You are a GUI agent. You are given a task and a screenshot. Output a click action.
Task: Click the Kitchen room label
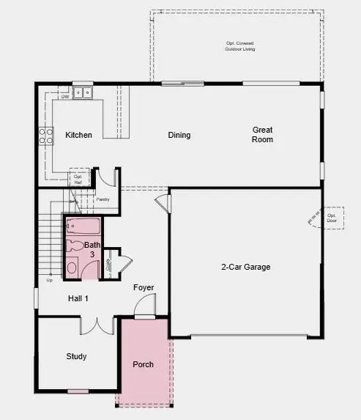78,135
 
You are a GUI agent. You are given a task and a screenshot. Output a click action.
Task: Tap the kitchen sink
83,92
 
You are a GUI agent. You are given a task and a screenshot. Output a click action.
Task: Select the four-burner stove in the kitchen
45,136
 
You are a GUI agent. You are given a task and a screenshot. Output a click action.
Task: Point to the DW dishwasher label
65,97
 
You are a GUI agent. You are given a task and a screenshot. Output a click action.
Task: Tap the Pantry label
103,199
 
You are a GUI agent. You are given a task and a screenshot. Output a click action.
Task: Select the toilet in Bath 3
75,246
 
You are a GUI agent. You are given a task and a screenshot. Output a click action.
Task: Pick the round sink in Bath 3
72,268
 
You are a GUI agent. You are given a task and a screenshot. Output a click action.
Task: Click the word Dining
179,135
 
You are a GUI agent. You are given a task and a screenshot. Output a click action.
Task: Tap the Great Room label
263,134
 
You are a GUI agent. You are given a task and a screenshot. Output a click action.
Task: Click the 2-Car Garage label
245,267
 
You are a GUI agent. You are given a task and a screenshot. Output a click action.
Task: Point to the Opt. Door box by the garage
332,217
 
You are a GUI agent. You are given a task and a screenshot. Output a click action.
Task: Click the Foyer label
144,287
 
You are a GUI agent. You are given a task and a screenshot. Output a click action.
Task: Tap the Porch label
143,364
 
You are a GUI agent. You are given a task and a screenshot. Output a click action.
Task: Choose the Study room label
76,356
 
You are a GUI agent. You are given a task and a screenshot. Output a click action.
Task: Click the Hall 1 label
78,298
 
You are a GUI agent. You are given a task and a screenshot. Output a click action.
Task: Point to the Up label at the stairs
50,280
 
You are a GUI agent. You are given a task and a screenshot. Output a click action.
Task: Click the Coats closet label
108,265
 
